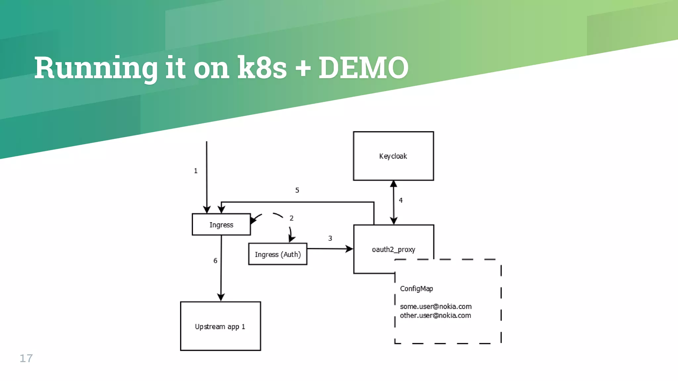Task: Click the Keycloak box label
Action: [393, 156]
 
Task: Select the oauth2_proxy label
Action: [393, 249]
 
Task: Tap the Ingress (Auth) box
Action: [278, 254]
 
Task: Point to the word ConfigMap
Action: [416, 288]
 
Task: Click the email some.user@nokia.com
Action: [436, 307]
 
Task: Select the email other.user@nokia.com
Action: [435, 316]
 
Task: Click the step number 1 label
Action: [196, 171]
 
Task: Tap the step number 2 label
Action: [291, 218]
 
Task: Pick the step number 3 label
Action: [330, 238]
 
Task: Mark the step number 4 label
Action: [401, 200]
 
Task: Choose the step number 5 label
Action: [297, 190]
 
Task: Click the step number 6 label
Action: [215, 261]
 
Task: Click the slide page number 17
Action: [26, 358]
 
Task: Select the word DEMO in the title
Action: [363, 68]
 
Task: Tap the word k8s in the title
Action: [262, 68]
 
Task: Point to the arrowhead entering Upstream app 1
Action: [221, 297]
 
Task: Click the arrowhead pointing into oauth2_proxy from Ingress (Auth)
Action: [349, 249]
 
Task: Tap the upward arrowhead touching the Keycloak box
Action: [393, 184]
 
